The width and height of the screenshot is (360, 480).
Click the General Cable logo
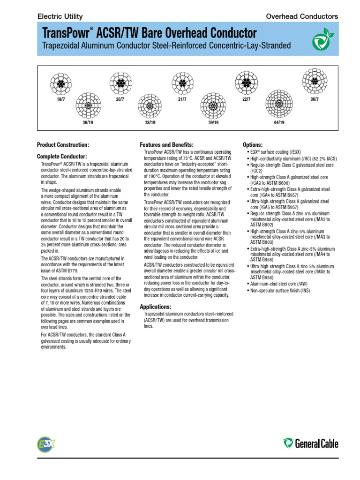tap(310, 443)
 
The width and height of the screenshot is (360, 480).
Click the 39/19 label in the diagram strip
tap(213, 122)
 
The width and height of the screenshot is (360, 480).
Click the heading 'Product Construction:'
tap(63, 145)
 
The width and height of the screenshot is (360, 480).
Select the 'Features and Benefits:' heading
tap(166, 144)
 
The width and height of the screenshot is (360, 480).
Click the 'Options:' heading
tap(253, 145)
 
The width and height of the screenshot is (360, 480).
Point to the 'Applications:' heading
tap(159, 307)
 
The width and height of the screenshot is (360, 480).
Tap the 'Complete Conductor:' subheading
tap(62, 156)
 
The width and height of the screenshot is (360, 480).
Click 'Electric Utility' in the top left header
tap(60, 16)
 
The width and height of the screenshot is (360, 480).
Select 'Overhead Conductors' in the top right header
tap(301, 16)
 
